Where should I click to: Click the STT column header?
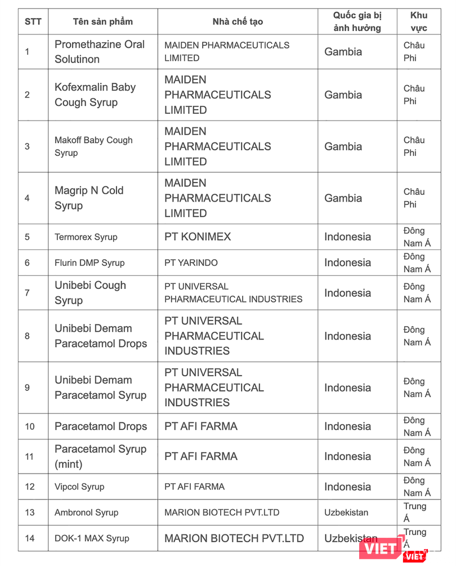pos(33,22)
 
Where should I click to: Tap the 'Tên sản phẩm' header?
pos(102,22)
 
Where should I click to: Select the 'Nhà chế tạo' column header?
pos(237,22)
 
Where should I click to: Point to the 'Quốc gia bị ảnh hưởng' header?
pos(357,22)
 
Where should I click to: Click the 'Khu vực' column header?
pos(418,22)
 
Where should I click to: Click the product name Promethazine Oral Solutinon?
pos(99,52)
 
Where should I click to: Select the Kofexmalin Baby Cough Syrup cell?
pos(95,95)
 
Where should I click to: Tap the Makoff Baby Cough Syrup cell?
pos(93,146)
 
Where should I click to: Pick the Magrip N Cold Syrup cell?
pos(89,198)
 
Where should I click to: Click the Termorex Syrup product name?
pos(86,237)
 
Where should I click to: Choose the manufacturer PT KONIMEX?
pos(198,237)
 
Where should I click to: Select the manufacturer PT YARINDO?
pos(191,263)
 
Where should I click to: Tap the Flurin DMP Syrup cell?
pos(90,263)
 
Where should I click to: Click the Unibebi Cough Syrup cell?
pos(90,293)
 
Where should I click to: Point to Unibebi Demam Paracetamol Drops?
pos(100,336)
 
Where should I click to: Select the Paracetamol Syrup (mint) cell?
pos(100,457)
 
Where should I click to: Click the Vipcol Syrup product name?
pos(79,487)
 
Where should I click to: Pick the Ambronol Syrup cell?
pos(86,513)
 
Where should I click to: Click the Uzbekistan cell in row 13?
pos(346,513)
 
